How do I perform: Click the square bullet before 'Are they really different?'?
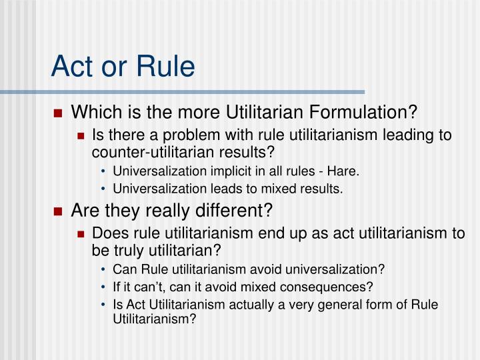(x=58, y=211)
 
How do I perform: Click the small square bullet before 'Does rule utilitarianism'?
(x=81, y=234)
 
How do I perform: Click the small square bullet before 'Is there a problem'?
(x=81, y=136)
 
